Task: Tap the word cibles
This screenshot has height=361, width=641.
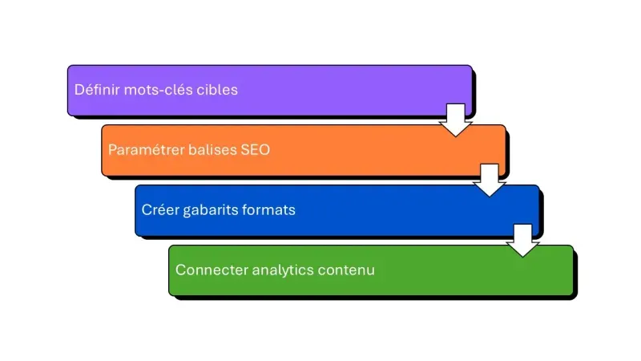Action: (x=216, y=90)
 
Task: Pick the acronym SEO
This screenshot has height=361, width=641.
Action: (x=256, y=150)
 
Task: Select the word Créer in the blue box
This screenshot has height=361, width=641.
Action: (x=159, y=210)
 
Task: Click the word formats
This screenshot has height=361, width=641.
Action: (x=268, y=210)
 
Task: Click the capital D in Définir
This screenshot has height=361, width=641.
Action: (x=79, y=90)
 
